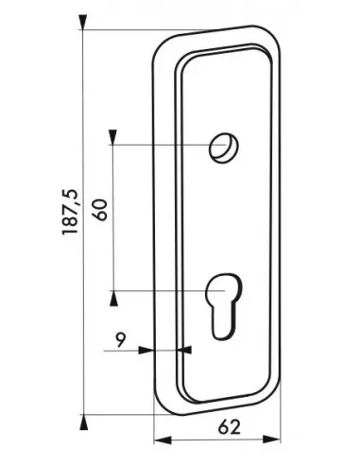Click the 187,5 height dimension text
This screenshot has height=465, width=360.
(x=71, y=215)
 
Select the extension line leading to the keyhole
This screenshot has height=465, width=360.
(x=165, y=290)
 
